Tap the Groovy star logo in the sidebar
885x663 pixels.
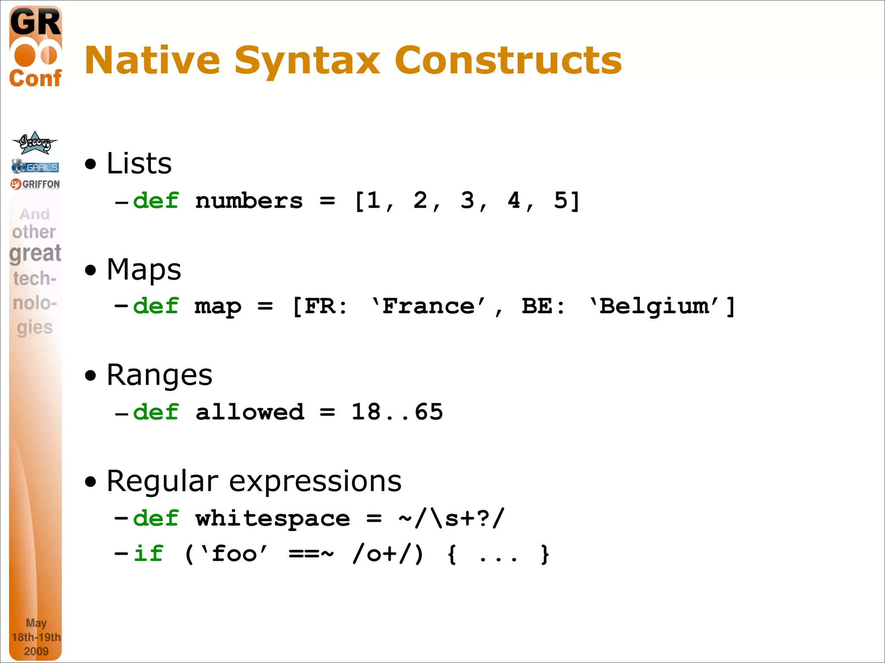[x=35, y=143]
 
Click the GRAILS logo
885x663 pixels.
[x=35, y=167]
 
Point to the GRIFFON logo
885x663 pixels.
[x=35, y=184]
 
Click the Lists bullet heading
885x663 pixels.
[x=139, y=163]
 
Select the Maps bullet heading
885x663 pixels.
[x=143, y=269]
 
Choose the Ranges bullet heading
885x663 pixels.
[x=159, y=375]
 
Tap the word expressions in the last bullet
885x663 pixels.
[x=315, y=481]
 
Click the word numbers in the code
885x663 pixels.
[x=249, y=201]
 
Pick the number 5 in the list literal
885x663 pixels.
[x=560, y=200]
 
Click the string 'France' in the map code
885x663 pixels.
[x=429, y=306]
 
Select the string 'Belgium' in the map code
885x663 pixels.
[x=654, y=306]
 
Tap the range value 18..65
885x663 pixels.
[x=397, y=412]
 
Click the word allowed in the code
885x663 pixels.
[x=250, y=412]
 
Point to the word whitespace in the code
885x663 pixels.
[x=272, y=518]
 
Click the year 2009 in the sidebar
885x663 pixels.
[x=36, y=651]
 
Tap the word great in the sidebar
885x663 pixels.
[x=35, y=253]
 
